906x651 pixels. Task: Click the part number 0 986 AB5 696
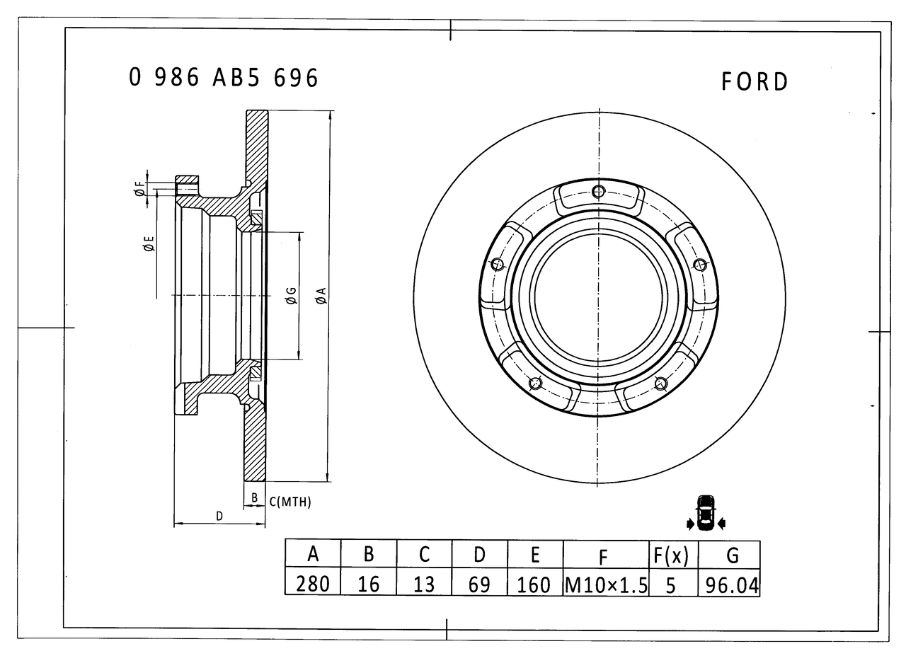point(224,78)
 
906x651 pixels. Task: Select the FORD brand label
point(755,82)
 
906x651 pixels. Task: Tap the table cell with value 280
point(313,584)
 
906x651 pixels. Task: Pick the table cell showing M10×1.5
point(606,584)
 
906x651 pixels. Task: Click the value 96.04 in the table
point(729,584)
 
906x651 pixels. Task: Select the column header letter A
point(313,555)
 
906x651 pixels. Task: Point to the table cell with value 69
point(480,584)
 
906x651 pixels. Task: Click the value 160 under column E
point(535,584)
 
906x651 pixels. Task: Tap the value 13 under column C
point(424,584)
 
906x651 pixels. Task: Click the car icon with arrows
point(706,512)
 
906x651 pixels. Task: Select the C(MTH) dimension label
point(290,502)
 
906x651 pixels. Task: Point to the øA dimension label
point(321,296)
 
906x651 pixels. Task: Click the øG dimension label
point(290,296)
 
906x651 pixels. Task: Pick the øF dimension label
point(139,188)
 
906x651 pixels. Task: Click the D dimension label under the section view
point(219,517)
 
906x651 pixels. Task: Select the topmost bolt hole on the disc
point(600,191)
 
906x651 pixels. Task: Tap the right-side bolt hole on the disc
point(701,265)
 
